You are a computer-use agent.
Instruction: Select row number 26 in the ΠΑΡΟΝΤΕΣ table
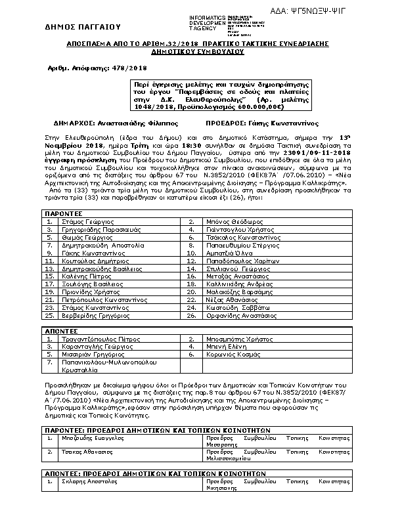pyautogui.click(x=192, y=316)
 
